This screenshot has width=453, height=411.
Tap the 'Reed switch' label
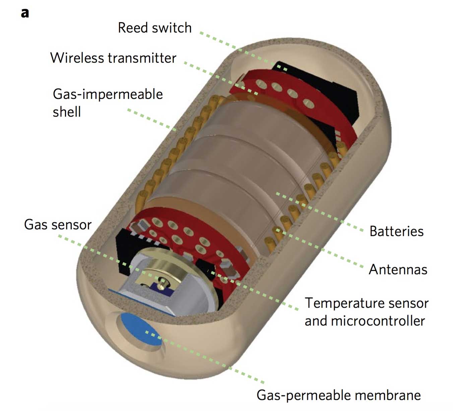point(154,28)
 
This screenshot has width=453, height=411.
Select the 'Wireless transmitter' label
point(113,58)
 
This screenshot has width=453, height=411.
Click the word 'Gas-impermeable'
point(108,94)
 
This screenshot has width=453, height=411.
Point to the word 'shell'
point(67,112)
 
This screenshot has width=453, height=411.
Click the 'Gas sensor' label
point(58,225)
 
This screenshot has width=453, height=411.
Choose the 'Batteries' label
point(396,231)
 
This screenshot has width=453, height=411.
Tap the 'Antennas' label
point(398,270)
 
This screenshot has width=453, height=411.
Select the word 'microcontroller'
point(378,321)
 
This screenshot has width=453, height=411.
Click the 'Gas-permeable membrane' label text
point(338,395)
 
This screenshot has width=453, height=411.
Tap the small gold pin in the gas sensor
point(163,280)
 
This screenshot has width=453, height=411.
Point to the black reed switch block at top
point(338,91)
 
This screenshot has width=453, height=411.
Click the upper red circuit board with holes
point(285,91)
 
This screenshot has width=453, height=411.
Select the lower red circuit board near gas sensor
point(188,235)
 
